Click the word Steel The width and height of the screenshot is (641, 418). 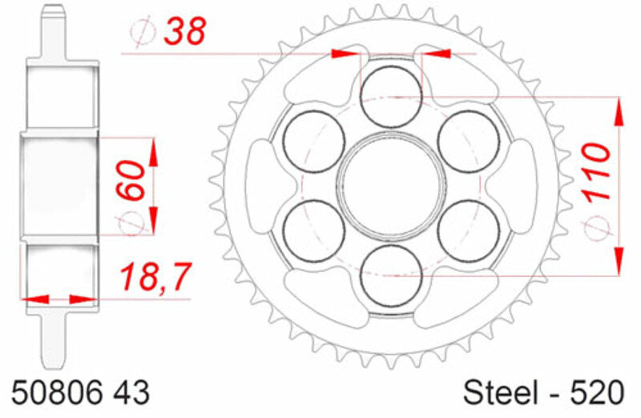tap(500, 393)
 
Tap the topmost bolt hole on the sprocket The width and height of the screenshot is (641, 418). tap(390, 96)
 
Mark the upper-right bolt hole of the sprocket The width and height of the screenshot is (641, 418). tap(468, 141)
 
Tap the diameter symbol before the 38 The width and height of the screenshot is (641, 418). tap(143, 31)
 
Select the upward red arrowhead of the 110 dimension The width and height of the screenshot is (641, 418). tap(619, 111)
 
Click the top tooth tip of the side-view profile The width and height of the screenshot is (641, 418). tap(54, 10)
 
